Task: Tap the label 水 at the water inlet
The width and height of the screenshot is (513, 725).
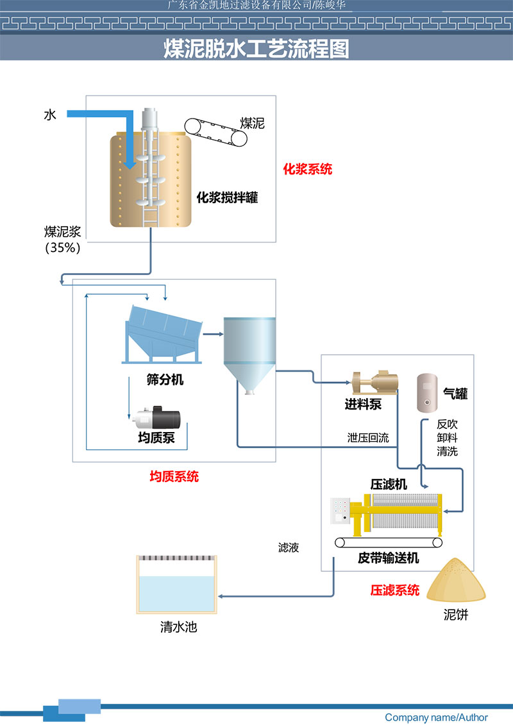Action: tap(50, 115)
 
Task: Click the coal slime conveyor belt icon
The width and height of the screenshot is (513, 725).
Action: tap(216, 132)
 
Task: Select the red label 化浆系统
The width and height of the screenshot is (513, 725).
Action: tap(308, 170)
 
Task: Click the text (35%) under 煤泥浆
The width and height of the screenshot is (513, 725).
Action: tap(63, 248)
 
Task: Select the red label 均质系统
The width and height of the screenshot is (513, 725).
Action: tap(174, 476)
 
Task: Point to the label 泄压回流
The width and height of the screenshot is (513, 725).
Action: tap(368, 438)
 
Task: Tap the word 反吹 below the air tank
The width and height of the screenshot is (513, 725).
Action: tap(447, 424)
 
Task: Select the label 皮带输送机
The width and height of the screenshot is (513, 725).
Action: tap(389, 558)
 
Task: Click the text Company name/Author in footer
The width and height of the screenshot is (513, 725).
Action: tap(436, 717)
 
